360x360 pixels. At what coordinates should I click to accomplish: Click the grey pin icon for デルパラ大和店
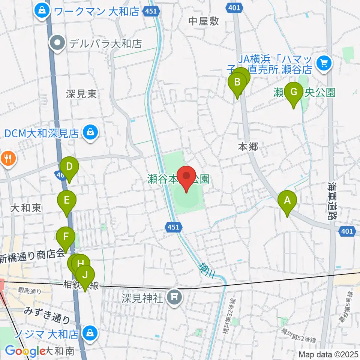click(58, 44)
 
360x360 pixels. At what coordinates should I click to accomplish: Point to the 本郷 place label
click(248, 147)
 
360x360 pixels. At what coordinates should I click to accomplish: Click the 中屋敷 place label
click(204, 21)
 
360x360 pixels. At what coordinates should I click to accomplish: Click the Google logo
click(25, 351)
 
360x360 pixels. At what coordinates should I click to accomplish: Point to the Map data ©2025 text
click(328, 354)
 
